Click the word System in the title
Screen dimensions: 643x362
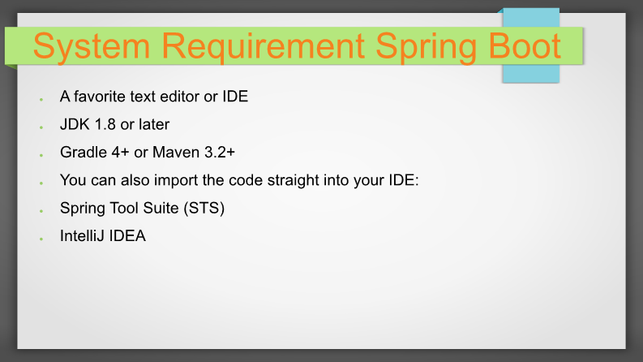pos(92,46)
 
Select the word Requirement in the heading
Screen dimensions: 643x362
pos(264,46)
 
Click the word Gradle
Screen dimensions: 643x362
pos(84,153)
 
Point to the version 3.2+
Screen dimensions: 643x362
pos(220,153)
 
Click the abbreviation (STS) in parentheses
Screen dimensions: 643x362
pos(204,209)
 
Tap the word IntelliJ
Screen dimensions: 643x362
pos(82,236)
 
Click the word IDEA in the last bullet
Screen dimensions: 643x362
pos(127,236)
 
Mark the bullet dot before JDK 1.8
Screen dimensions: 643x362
pos(41,127)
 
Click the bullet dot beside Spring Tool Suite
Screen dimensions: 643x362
pos(41,211)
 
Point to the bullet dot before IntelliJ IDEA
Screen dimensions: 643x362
pos(41,239)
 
